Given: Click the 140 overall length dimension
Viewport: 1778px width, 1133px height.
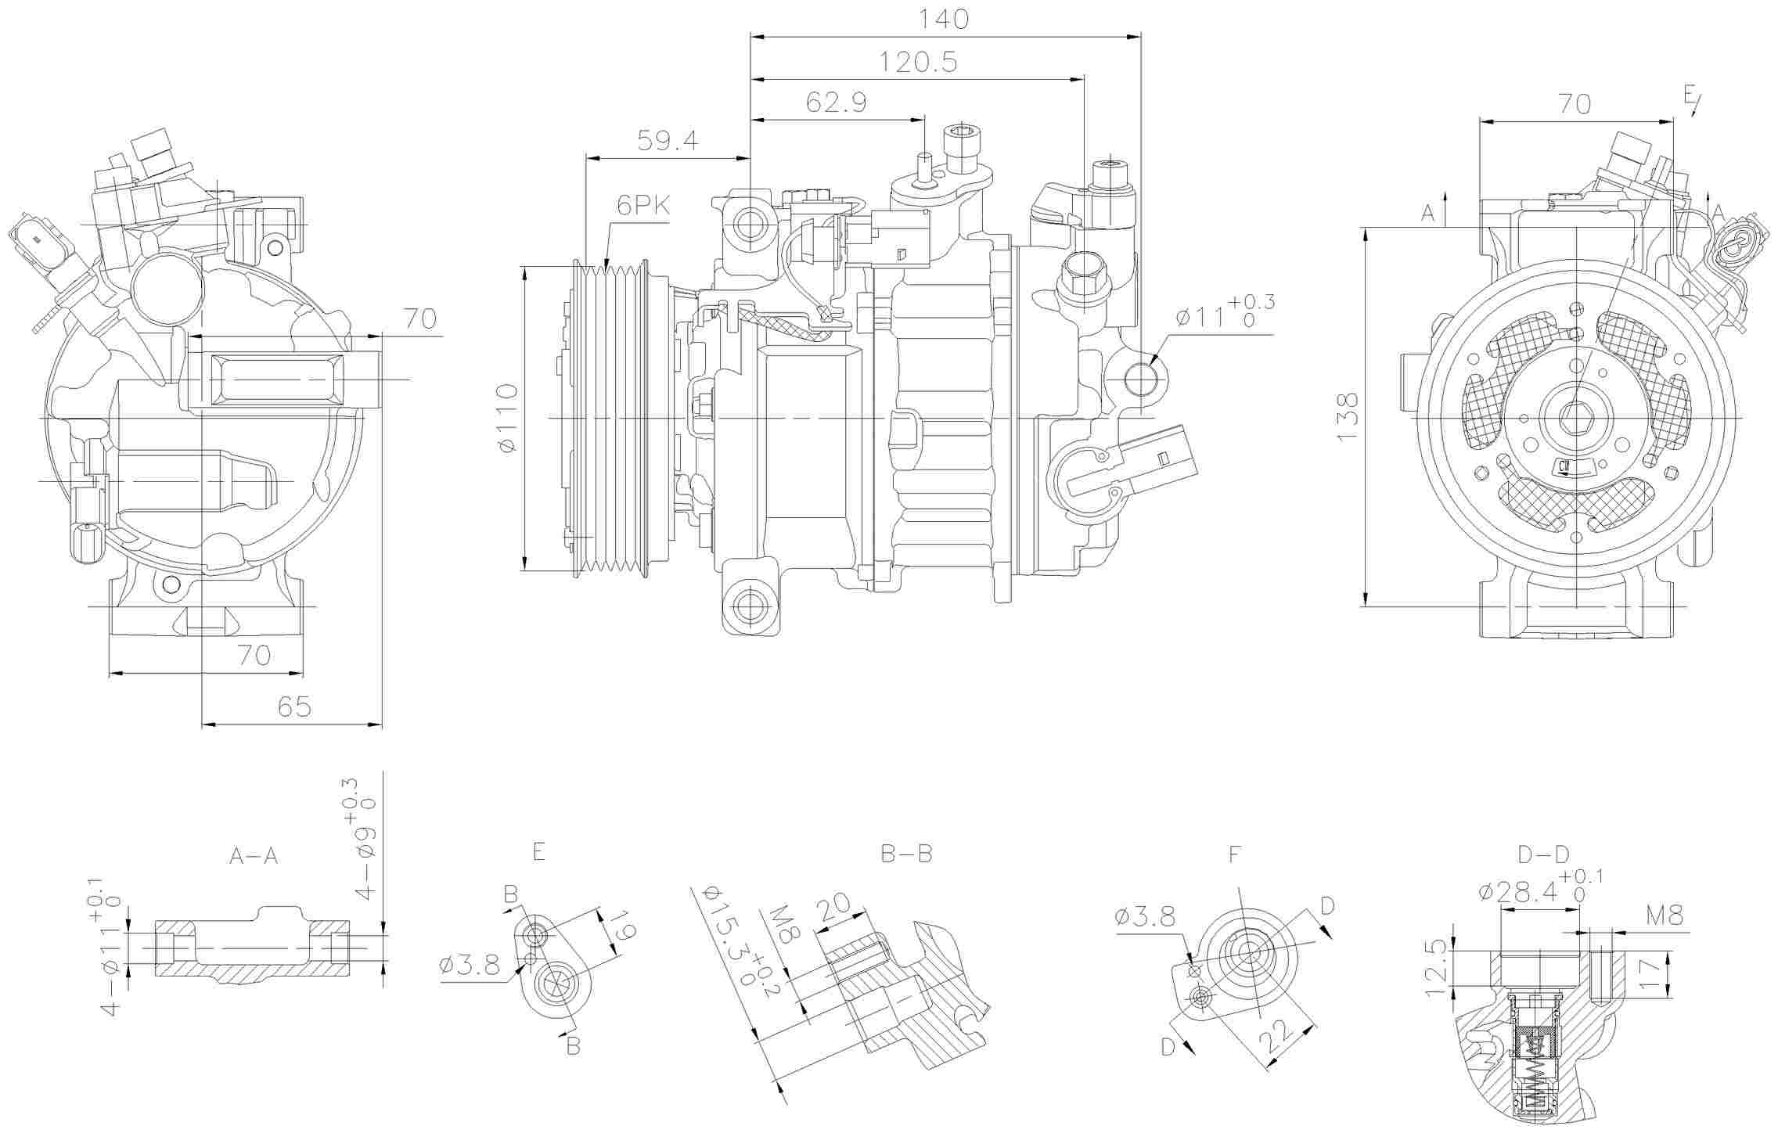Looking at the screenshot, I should [x=945, y=19].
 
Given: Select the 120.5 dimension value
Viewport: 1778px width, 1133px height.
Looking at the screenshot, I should [x=918, y=62].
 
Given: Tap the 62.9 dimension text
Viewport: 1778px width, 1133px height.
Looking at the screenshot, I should [x=837, y=103].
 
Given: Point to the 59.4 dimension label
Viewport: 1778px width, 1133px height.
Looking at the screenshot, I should [x=668, y=141].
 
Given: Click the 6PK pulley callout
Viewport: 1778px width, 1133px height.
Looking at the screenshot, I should [x=643, y=206].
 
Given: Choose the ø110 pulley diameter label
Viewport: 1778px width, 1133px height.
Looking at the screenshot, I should [x=508, y=418].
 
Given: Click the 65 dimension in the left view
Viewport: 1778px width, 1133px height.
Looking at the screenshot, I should [x=294, y=707].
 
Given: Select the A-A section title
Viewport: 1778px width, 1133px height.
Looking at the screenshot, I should [x=254, y=857].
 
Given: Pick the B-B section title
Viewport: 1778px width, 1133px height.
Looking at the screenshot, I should [x=907, y=854].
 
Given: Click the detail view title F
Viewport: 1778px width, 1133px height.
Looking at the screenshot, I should [x=1235, y=854].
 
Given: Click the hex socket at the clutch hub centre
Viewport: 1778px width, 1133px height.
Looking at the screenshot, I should [x=1573, y=417].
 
